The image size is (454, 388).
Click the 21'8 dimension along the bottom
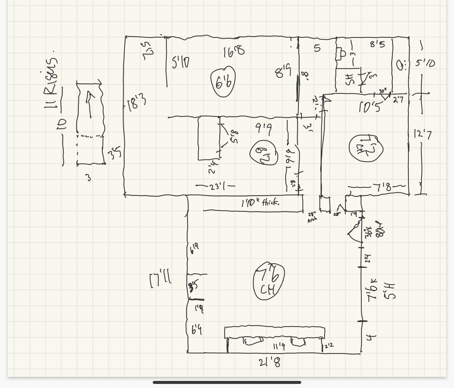pyautogui.click(x=270, y=363)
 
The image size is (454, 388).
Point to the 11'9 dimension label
pyautogui.click(x=279, y=346)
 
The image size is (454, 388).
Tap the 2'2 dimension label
pyautogui.click(x=329, y=346)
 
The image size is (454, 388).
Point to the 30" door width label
pyautogui.click(x=382, y=91)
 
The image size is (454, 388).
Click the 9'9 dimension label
pyautogui.click(x=263, y=128)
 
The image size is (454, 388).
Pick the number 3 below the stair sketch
pyautogui.click(x=88, y=178)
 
